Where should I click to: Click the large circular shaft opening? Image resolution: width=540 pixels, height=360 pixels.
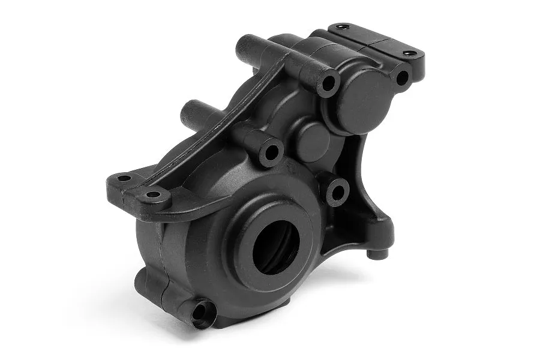point(275,246)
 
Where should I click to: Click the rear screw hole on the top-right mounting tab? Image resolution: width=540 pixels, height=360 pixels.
point(343,27)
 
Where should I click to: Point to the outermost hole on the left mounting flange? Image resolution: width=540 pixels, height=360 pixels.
point(123,178)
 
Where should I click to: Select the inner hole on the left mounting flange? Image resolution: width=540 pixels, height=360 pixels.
point(154,194)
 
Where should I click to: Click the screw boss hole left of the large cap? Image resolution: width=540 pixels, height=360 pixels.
point(328,83)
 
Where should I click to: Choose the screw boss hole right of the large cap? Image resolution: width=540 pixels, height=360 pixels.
point(401,77)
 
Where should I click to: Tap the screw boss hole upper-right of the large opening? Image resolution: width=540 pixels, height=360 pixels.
point(338,191)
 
